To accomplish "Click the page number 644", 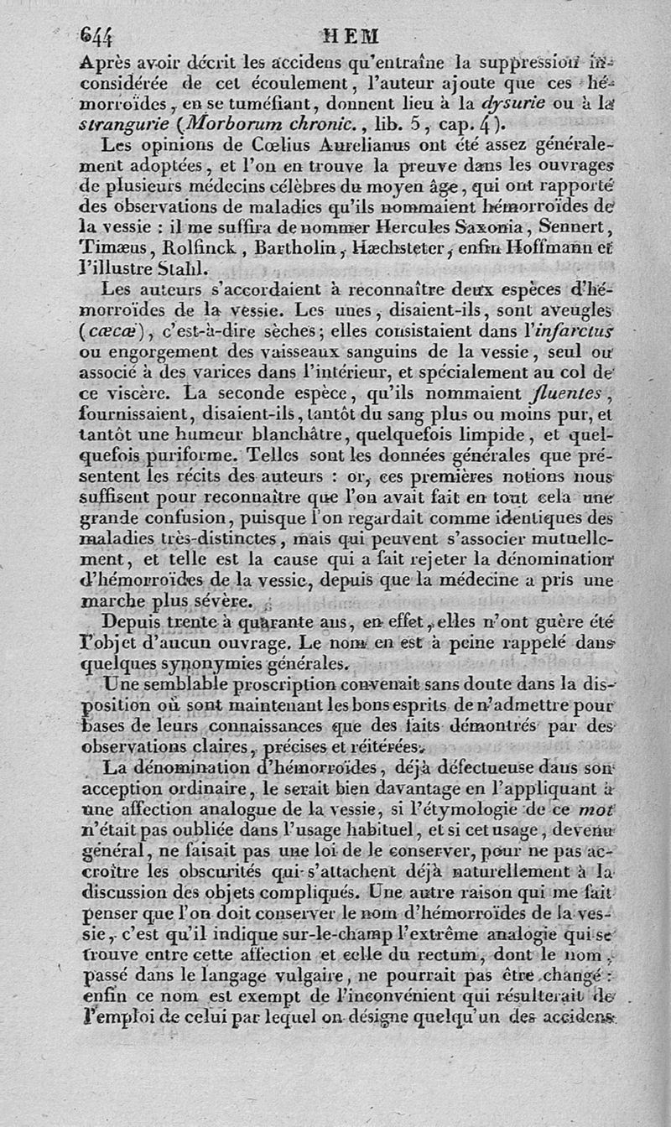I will [97, 36].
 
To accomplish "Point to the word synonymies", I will [185, 662].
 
